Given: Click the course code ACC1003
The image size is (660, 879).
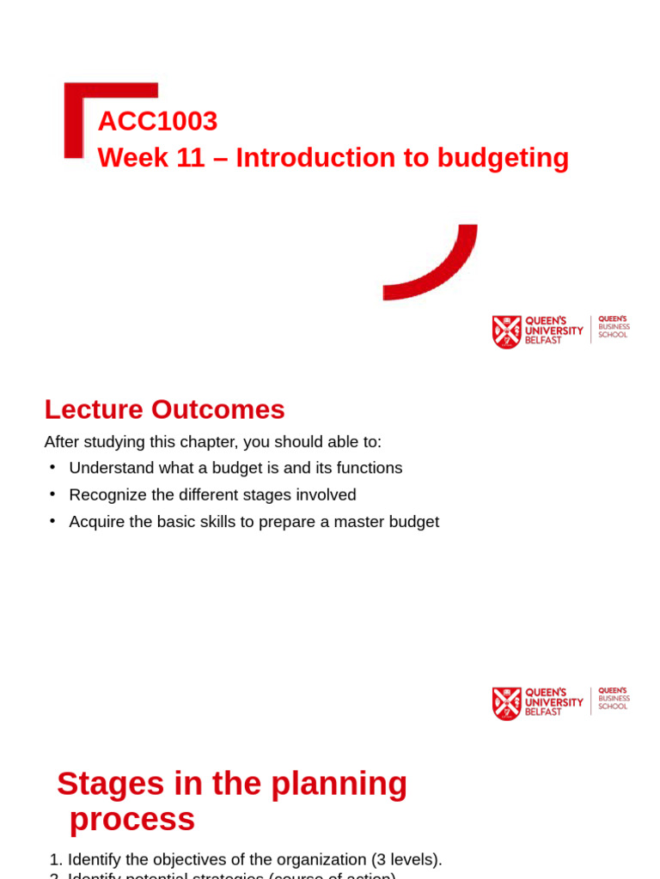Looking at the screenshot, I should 157,121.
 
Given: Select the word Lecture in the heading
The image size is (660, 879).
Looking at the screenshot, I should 94,409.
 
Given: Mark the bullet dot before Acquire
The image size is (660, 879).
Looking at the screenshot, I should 52,520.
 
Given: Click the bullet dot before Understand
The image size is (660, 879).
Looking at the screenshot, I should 52,466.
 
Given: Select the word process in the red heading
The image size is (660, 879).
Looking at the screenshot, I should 132,819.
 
